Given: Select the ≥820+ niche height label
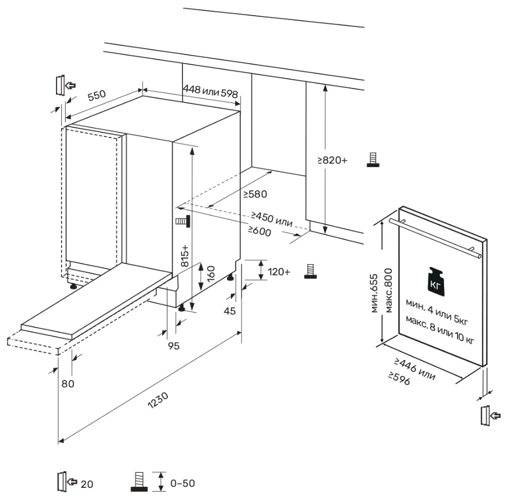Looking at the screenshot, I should coord(333,160).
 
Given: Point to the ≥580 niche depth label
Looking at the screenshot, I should coord(255,194).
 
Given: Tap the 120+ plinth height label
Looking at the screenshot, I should coord(279,272).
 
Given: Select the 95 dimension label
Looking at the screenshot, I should coord(173,346).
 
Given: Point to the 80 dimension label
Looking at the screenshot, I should coord(67,384).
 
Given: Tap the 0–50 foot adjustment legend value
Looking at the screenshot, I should coord(182,483).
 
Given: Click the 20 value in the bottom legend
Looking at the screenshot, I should coord(87,484).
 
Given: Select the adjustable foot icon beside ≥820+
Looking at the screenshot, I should coord(371,160).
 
